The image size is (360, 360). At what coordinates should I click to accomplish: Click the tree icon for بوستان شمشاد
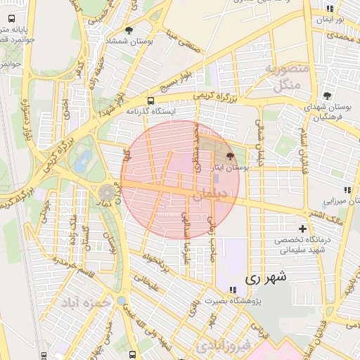pyautogui.click(x=129, y=30)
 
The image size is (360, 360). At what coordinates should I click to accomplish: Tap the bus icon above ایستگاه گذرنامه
pyautogui.click(x=150, y=101)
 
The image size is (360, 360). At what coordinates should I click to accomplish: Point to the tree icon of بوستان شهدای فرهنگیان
pyautogui.click(x=327, y=96)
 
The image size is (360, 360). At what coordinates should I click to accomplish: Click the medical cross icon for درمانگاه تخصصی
pyautogui.click(x=303, y=229)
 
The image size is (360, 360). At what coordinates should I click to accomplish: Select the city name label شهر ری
pyautogui.click(x=267, y=278)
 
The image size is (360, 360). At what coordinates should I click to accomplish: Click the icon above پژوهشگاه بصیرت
pyautogui.click(x=232, y=290)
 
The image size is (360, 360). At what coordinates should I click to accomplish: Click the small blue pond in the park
pyautogui.click(x=86, y=158)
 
